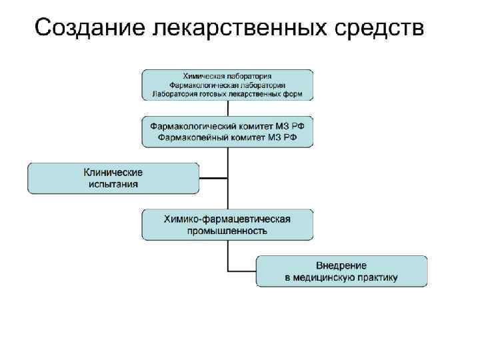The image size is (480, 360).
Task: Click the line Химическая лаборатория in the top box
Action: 228,76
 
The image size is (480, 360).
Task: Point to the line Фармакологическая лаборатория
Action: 228,85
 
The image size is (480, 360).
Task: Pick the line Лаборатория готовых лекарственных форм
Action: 228,94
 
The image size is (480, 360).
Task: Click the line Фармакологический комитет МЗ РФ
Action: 228,125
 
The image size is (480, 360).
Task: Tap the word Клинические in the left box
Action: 113,172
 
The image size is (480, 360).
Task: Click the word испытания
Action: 113,185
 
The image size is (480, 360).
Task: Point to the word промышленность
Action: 228,231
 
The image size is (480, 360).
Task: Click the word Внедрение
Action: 341,265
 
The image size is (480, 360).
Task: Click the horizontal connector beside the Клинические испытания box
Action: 213,178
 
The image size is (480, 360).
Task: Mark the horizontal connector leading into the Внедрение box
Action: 243,271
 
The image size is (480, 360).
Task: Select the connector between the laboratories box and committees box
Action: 228,109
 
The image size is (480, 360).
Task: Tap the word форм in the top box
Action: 292,94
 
